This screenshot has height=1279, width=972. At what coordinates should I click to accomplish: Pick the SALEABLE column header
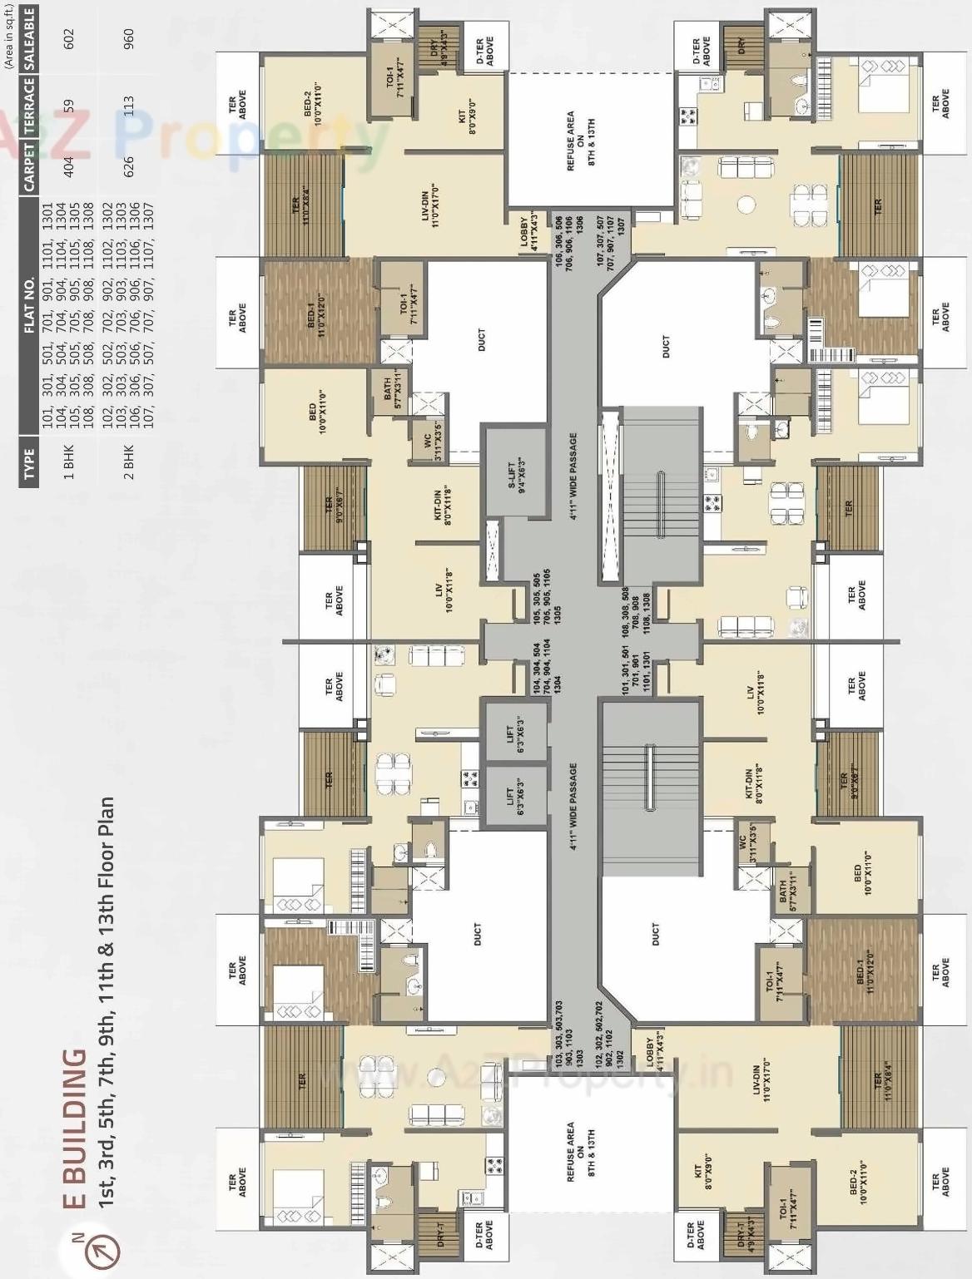30,38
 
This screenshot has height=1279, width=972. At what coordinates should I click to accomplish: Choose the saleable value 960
129,38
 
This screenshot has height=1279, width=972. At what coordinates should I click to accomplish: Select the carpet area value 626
129,167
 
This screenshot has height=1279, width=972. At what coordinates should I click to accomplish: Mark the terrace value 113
129,106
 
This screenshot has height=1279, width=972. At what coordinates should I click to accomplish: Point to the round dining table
746,205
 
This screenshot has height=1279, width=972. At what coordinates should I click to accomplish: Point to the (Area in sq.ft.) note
8,34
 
